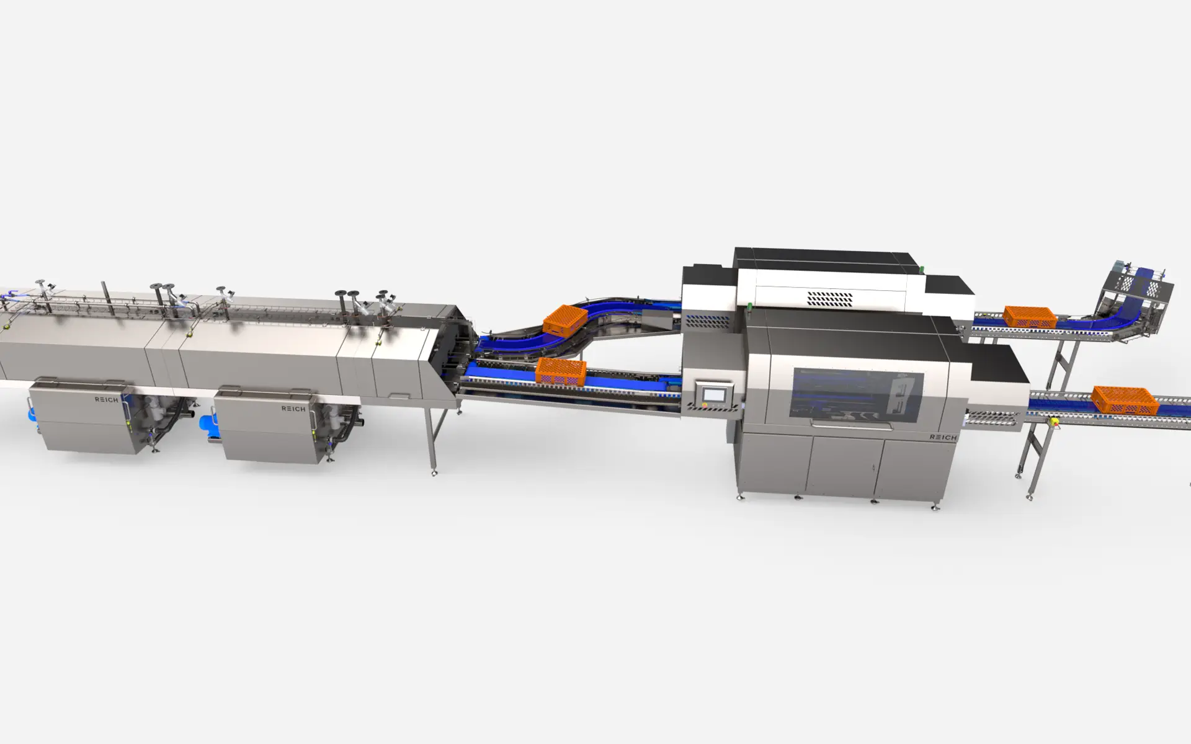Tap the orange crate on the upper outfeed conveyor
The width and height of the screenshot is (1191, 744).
pos(1030,317)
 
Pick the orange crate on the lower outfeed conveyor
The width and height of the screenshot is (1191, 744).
pos(1125,400)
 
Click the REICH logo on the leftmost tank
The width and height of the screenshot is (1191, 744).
pos(106,400)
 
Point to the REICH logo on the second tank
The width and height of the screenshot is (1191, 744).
pos(293,409)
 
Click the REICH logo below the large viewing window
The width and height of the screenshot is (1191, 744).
pos(943,437)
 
